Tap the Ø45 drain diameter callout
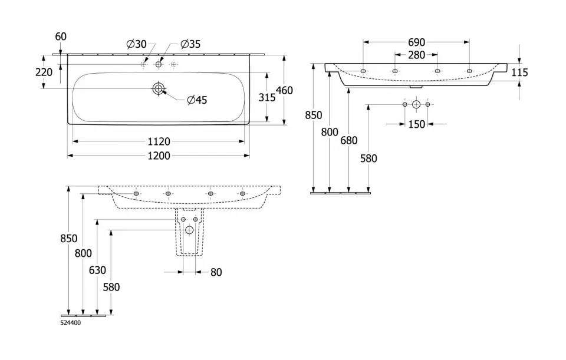196,100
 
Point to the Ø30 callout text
136,44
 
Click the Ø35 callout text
190,44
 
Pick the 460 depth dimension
285,90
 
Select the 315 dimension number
267,98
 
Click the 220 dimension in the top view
44,72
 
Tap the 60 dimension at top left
61,37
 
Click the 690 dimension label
416,42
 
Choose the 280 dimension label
416,55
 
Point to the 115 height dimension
519,72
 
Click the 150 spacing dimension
416,124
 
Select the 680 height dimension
350,140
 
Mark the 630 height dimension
98,270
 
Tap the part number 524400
71,323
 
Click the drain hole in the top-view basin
159,88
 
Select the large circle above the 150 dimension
416,104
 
